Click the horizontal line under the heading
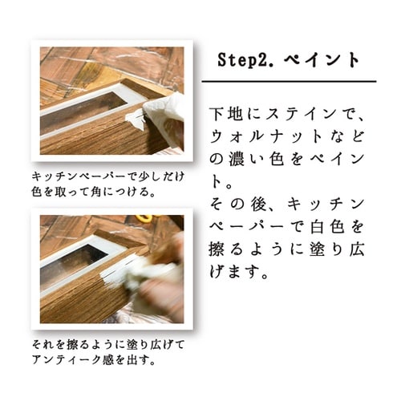289,82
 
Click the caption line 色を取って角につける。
89,192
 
